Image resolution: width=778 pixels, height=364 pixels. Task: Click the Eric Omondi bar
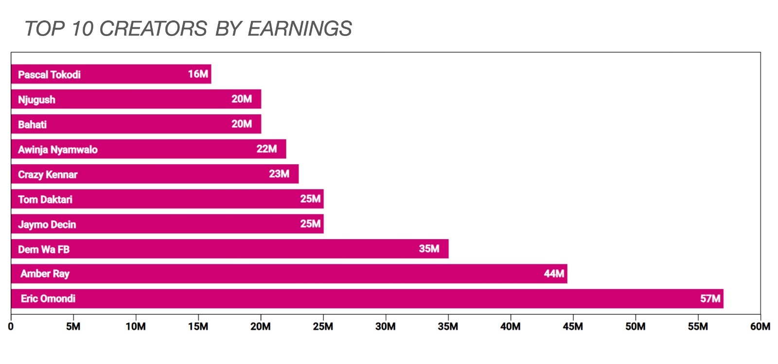point(367,299)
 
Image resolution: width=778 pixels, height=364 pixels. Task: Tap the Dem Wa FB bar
point(230,249)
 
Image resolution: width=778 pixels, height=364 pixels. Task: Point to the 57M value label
point(710,299)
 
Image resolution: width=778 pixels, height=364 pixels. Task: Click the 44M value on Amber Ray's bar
point(554,274)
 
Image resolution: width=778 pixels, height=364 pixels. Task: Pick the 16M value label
point(198,74)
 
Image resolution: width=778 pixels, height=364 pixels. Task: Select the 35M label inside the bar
point(429,249)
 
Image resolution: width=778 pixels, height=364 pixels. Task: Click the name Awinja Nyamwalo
point(58,150)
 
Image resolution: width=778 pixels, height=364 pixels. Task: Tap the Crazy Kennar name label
point(48,174)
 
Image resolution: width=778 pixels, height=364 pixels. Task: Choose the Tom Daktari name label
point(45,199)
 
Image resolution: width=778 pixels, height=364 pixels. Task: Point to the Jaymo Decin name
point(47,225)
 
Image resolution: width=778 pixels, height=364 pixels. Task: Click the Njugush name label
point(36,100)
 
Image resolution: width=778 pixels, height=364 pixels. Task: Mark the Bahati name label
point(32,124)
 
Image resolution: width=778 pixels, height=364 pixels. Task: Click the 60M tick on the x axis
point(760,327)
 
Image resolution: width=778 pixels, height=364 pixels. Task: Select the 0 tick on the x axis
point(11,327)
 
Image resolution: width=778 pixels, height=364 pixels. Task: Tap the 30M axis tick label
point(385,327)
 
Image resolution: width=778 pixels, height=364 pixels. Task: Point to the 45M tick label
point(572,327)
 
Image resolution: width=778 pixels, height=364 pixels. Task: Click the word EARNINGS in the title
point(300,29)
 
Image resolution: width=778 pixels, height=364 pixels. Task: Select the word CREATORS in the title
point(154,29)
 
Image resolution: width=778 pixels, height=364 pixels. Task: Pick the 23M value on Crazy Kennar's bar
point(279,174)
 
